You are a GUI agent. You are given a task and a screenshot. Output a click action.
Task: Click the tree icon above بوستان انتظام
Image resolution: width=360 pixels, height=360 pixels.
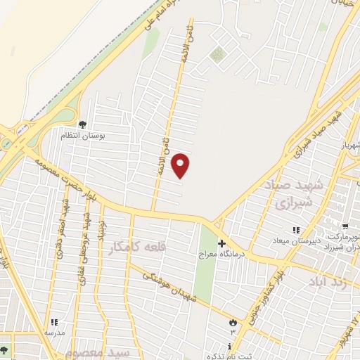tap(83, 125)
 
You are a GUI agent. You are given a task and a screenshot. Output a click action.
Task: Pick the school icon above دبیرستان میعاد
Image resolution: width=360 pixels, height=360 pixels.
tap(296, 230)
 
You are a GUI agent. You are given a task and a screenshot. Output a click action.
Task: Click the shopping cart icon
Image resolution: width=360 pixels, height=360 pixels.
tap(345, 226)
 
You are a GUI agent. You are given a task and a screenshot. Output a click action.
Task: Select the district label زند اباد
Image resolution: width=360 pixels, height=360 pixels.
tap(328, 283)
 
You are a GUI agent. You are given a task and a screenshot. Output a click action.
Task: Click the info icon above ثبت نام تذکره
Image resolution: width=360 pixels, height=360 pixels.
tap(230, 345)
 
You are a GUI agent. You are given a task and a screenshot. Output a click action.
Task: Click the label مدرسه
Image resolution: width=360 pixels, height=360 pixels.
tap(56, 331)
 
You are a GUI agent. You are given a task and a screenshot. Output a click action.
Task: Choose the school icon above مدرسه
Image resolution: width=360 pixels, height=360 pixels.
tap(53, 321)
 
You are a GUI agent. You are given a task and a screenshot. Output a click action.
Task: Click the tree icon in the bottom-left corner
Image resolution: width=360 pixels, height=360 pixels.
tap(4, 350)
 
